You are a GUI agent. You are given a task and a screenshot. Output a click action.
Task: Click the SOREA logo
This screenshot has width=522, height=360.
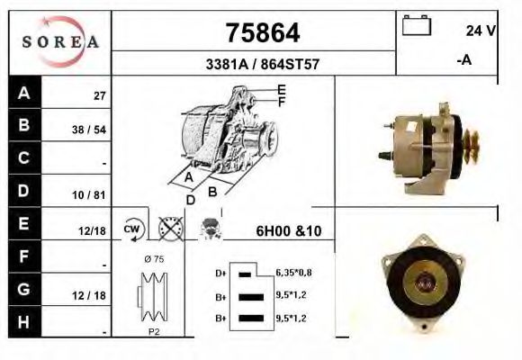pos(60,42)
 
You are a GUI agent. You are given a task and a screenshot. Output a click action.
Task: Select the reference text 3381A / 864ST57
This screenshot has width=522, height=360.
pos(262,65)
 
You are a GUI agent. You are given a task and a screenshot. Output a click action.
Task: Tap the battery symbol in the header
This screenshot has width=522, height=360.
pos(417,24)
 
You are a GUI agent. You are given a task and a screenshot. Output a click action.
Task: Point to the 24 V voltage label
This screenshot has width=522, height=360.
pos(481,31)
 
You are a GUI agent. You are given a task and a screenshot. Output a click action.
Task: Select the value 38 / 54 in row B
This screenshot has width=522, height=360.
pos(89,129)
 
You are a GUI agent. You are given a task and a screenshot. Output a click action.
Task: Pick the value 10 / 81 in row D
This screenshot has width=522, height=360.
pos(89,193)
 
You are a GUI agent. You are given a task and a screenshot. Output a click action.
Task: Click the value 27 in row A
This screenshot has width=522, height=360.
pos(100,94)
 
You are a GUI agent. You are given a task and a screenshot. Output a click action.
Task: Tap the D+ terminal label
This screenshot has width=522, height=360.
pos(220,271)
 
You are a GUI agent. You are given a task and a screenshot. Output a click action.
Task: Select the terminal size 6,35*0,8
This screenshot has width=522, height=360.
pos(294,271)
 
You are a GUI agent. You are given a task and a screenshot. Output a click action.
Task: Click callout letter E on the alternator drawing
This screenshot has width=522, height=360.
pos(281,89)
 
